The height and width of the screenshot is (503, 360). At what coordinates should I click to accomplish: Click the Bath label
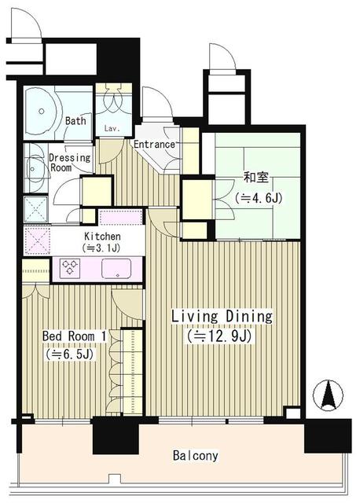pos(75,121)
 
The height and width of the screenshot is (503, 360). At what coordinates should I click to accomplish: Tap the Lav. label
pos(112,129)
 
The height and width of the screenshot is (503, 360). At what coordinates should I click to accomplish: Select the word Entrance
pos(154,145)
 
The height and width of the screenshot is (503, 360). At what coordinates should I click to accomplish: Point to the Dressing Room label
pos(69,163)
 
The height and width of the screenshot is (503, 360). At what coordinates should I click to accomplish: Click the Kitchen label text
pos(102,237)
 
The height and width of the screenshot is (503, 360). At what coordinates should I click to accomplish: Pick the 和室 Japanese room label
pos(256,178)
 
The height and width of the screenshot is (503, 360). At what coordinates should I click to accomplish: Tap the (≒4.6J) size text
pos(259,198)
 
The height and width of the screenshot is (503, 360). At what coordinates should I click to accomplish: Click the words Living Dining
pos(222,316)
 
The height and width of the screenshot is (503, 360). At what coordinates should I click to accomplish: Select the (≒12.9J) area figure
pos(219,336)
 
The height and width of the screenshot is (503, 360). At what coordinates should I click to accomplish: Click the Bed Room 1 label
pos(74,336)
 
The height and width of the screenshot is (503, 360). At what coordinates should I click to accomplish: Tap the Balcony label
pos(196,456)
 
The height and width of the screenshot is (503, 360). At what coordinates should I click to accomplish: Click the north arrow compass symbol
pos(328,395)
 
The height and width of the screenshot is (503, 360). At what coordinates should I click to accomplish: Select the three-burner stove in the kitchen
pos(71,267)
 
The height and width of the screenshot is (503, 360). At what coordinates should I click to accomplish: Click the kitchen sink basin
pos(116,269)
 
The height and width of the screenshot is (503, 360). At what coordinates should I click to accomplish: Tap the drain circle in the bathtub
pos(42,112)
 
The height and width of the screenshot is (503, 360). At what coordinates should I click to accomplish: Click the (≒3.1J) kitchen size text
pos(101,248)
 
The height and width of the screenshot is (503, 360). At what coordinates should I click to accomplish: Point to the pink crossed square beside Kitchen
pos(37,240)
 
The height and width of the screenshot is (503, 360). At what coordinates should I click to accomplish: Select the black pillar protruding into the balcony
pos(116,435)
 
